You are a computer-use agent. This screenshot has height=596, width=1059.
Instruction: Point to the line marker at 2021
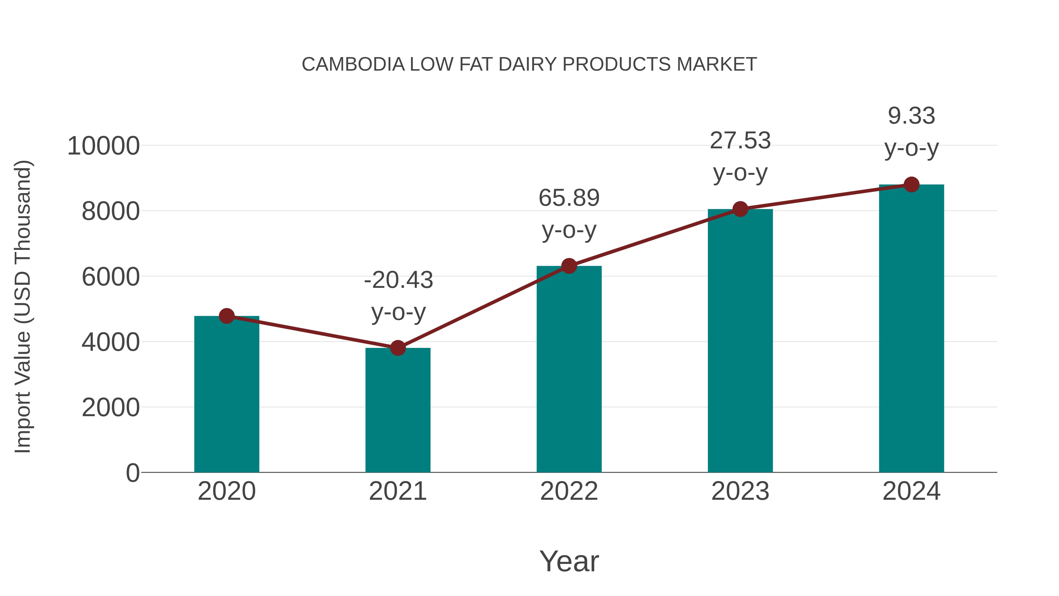point(397,348)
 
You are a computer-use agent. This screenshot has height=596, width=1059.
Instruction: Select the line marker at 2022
point(569,266)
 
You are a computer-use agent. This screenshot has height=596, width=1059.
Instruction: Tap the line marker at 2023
point(740,209)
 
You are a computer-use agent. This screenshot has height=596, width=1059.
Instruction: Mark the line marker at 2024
point(911,185)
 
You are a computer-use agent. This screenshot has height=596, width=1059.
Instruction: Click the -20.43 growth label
point(398,280)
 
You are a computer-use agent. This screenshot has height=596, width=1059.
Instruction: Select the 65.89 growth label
point(569,198)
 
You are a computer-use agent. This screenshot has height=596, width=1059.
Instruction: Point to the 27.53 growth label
point(740,141)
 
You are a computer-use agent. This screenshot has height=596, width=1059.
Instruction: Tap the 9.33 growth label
point(911,116)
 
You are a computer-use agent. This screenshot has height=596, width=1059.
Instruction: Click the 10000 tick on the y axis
point(103,146)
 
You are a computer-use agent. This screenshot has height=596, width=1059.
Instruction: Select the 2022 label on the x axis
point(569,491)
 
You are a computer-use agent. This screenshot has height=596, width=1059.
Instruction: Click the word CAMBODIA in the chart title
point(353,64)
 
